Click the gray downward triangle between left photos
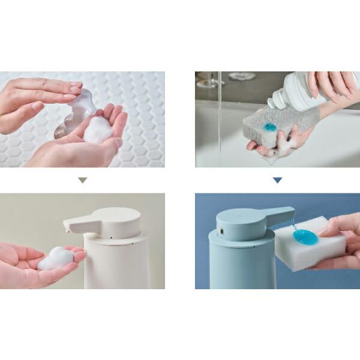(83, 180)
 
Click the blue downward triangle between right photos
(277, 180)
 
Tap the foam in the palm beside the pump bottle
(98, 128)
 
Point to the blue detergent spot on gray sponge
(270, 127)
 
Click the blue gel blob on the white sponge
(305, 236)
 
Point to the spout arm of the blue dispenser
(279, 214)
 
